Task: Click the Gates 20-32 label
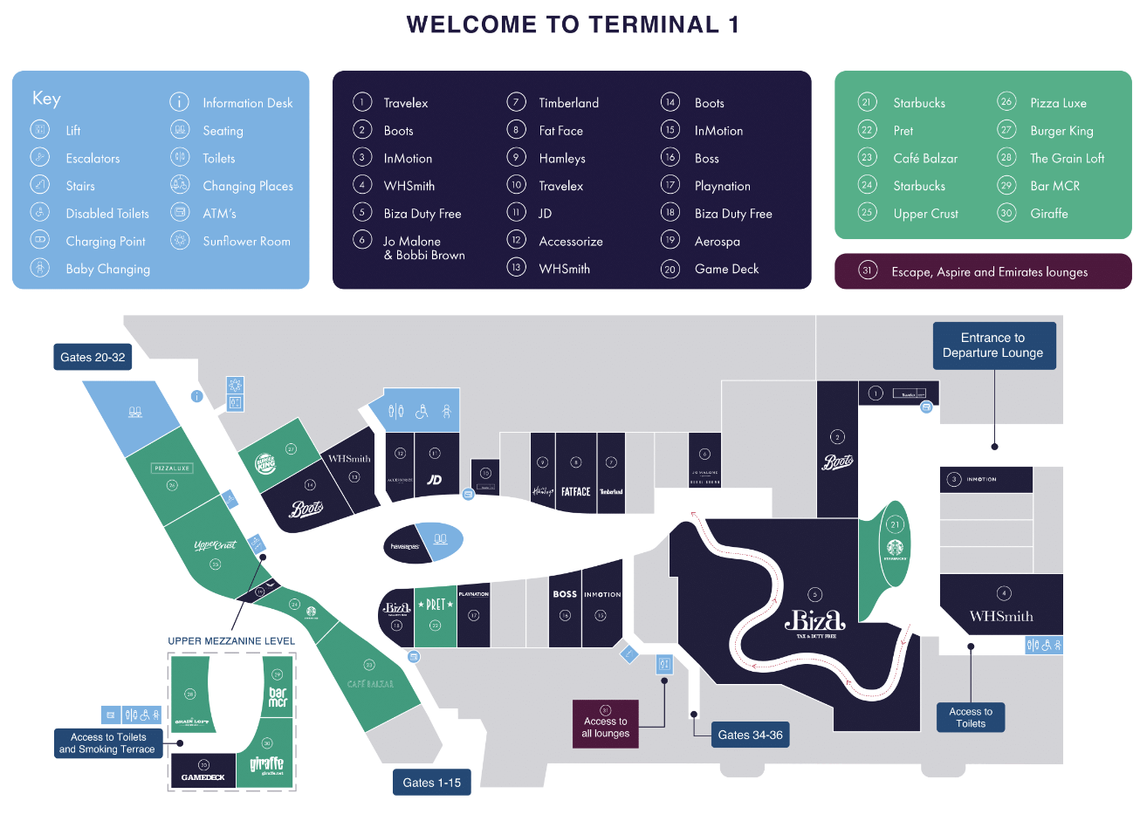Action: coord(93,357)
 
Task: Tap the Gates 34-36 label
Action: coord(750,735)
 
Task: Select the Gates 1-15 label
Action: coord(431,783)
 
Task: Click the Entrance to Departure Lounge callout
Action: coord(993,345)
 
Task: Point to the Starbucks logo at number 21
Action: coord(895,549)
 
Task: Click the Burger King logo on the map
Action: coord(265,463)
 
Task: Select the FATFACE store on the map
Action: coord(575,491)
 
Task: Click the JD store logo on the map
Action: coord(434,479)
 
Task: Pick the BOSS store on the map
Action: coord(565,595)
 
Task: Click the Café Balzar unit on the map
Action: coord(370,683)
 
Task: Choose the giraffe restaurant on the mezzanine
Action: coord(267,763)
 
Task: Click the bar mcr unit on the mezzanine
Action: coord(278,696)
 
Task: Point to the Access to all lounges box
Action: coord(606,724)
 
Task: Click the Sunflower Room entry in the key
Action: coord(246,242)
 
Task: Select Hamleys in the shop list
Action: coord(562,159)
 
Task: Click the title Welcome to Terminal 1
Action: coord(573,24)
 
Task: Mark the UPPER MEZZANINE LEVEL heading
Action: coord(231,641)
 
